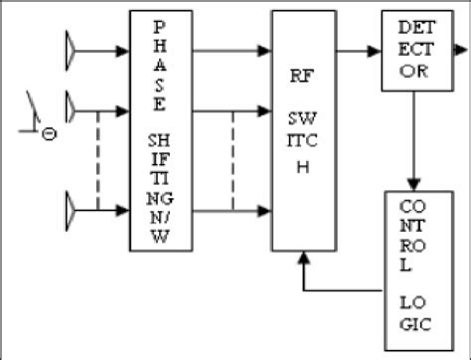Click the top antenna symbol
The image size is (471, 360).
click(x=72, y=46)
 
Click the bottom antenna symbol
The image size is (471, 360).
click(x=72, y=210)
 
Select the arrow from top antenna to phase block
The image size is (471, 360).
click(x=104, y=46)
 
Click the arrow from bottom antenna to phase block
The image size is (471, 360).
click(x=104, y=210)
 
